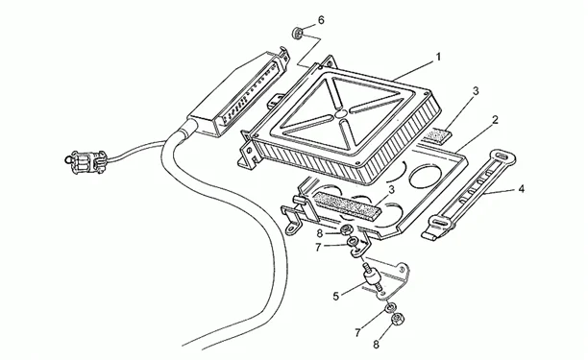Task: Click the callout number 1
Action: pyautogui.click(x=437, y=58)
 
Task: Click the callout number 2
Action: pyautogui.click(x=495, y=120)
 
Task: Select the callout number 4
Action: pyautogui.click(x=521, y=189)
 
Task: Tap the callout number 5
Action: pyautogui.click(x=336, y=297)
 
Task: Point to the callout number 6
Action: pyautogui.click(x=321, y=20)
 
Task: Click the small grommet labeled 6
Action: pyautogui.click(x=298, y=33)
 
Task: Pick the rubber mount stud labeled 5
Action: pyautogui.click(x=371, y=278)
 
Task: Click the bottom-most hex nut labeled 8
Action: pyautogui.click(x=396, y=320)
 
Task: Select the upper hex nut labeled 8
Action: pyautogui.click(x=345, y=228)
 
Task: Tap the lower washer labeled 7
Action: pyautogui.click(x=390, y=307)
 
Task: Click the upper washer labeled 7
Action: pyautogui.click(x=352, y=242)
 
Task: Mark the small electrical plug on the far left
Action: pyautogui.click(x=86, y=162)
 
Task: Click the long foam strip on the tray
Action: pyautogui.click(x=348, y=204)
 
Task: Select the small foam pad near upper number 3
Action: pyautogui.click(x=437, y=135)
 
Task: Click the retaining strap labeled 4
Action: pyautogui.click(x=468, y=195)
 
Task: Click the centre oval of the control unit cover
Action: pyautogui.click(x=340, y=113)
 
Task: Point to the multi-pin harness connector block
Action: pyautogui.click(x=237, y=95)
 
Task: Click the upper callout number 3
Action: pyautogui.click(x=476, y=91)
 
